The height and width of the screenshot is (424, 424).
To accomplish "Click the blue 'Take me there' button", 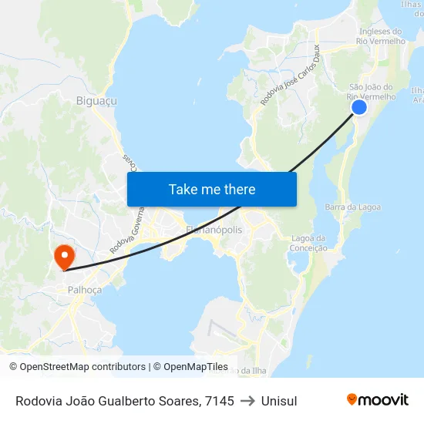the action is (212, 189).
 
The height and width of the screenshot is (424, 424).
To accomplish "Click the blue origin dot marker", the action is (359, 107).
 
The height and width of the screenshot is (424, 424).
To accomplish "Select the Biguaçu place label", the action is (96, 100).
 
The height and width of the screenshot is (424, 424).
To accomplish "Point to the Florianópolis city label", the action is (214, 230).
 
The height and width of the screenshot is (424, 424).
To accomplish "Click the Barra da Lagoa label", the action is (352, 207).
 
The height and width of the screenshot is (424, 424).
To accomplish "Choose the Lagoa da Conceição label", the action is (308, 243).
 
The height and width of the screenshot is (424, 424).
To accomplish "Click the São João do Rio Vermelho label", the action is (372, 92).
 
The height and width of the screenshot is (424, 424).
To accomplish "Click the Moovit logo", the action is (378, 399).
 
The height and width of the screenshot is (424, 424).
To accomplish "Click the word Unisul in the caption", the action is (279, 401).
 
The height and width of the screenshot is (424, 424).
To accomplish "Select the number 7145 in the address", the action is (220, 401).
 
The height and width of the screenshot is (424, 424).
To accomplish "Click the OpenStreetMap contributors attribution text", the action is (77, 367).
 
